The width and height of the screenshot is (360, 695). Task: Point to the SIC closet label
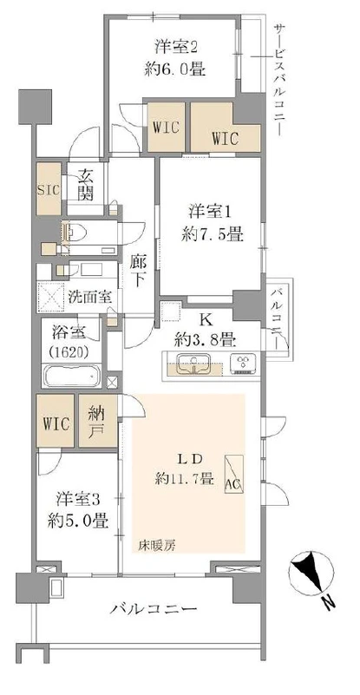(47, 189)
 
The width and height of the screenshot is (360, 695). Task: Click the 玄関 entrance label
(85, 184)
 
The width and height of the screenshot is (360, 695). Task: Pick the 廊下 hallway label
(138, 271)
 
